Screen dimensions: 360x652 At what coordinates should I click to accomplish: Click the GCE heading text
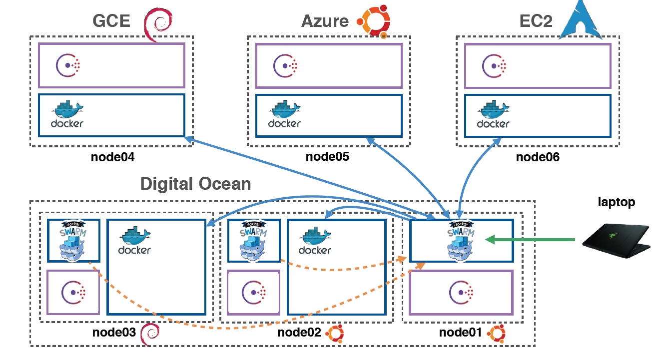point(111,21)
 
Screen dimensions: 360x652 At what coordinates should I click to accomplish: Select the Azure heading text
point(325,21)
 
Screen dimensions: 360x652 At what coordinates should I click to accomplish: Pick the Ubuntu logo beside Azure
point(373,21)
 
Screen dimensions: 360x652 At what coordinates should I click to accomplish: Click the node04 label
point(113,157)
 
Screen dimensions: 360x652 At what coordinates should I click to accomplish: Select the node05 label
point(327,157)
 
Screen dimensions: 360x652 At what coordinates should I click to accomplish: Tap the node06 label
point(538,157)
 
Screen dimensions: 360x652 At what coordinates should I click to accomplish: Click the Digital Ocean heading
point(195,184)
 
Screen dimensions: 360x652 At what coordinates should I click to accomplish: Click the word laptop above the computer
point(617,202)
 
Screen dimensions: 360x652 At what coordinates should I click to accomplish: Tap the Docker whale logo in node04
point(67,114)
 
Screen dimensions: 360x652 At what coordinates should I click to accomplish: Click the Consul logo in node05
point(285,65)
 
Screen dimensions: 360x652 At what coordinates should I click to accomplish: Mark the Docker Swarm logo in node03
point(73,241)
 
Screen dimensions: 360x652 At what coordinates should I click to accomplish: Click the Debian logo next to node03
point(150,333)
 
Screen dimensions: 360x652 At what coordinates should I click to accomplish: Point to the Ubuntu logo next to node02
point(335,333)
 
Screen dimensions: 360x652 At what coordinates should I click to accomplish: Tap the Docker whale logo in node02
point(315,241)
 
